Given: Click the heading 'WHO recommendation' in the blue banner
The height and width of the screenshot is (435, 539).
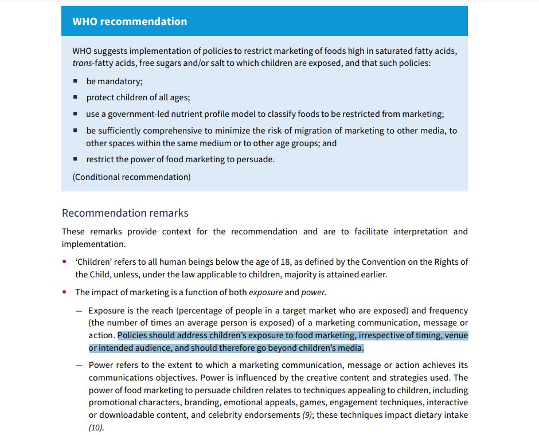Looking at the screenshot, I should [130, 22].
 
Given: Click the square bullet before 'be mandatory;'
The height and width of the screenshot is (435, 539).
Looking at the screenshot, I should [75, 82].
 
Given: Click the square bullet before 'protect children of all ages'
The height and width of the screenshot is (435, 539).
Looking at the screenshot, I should [75, 98].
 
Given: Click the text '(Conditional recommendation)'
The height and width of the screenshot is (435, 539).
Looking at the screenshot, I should [131, 177].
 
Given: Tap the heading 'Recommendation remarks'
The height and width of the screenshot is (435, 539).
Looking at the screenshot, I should [125, 213].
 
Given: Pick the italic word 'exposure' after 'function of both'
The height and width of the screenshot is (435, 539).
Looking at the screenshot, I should [265, 292].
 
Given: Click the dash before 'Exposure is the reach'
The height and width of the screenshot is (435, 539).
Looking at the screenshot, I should [79, 311].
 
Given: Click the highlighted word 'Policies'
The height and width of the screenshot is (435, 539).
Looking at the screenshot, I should [134, 336].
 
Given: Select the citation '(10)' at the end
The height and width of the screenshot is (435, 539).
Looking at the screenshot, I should [96, 428].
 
